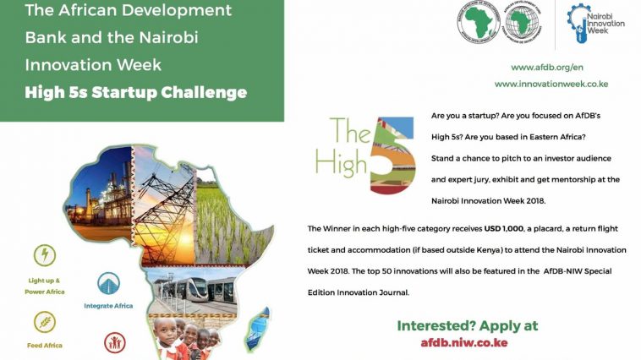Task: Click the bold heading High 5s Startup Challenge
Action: [x=135, y=92]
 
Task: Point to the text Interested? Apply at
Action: [x=468, y=325]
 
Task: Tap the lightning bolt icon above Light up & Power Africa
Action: [x=45, y=255]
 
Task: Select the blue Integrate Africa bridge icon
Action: [x=108, y=283]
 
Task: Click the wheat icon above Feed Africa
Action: [x=45, y=321]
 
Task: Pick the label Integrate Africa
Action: [x=108, y=305]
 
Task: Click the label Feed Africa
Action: [x=43, y=345]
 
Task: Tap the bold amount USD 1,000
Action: [x=499, y=229]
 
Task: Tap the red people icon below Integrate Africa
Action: [x=114, y=341]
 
